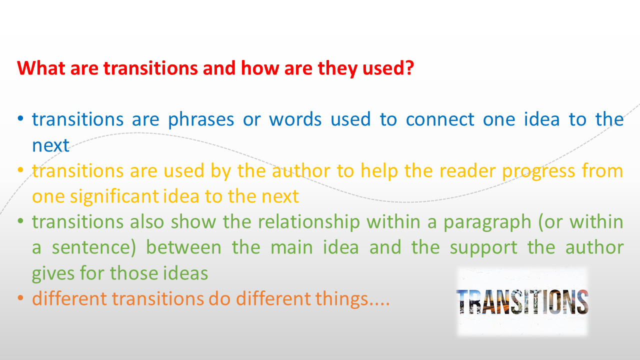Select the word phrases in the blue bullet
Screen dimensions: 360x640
click(201, 119)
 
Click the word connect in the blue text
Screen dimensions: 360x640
click(439, 119)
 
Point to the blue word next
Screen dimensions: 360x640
click(50, 145)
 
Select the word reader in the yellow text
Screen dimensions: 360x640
click(468, 171)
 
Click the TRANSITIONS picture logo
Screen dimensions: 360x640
click(522, 301)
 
